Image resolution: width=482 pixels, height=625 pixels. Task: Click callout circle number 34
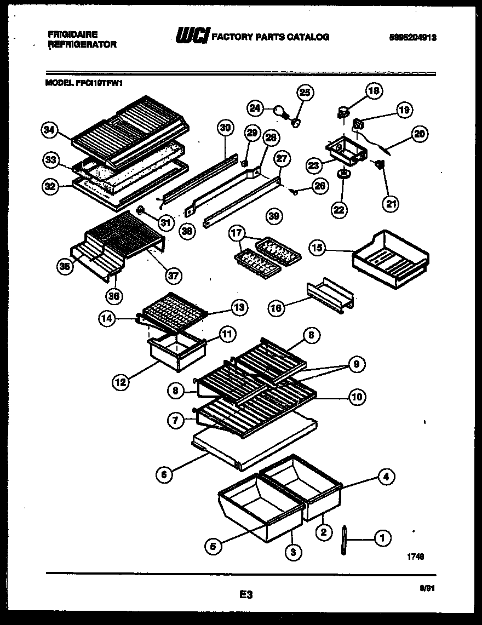50,130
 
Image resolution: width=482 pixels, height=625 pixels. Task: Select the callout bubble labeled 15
317,248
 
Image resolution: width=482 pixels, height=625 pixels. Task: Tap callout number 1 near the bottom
382,539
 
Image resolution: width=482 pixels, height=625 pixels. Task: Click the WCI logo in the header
192,37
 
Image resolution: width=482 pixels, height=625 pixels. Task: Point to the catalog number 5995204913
415,37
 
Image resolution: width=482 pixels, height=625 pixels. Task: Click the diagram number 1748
415,556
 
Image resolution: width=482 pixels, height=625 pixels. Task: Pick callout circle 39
274,216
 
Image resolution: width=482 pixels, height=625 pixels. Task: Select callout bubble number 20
421,133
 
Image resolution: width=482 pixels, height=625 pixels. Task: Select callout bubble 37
174,276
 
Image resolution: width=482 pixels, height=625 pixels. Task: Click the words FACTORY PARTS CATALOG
270,37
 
